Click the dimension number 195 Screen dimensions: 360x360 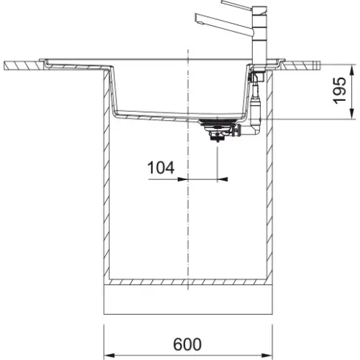340,90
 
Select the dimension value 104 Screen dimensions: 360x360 161,168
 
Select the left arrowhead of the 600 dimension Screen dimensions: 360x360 106,353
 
